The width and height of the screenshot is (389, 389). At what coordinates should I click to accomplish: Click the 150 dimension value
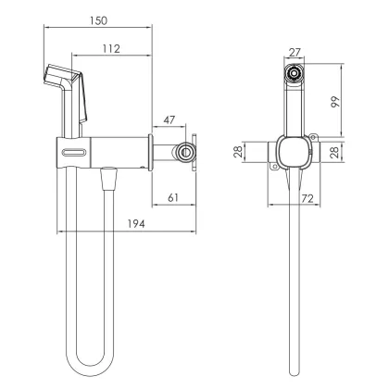pyautogui.click(x=99, y=20)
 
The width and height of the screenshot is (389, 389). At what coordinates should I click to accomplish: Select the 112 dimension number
pyautogui.click(x=111, y=49)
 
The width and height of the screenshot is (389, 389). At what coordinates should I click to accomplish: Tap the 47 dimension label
pyautogui.click(x=169, y=119)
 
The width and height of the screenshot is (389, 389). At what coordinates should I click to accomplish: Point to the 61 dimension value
pyautogui.click(x=173, y=197)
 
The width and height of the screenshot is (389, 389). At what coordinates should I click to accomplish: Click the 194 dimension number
pyautogui.click(x=136, y=224)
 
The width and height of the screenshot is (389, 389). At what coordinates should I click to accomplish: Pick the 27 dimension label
pyautogui.click(x=295, y=53)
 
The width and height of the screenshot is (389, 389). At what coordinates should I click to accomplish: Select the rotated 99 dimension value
pyautogui.click(x=335, y=102)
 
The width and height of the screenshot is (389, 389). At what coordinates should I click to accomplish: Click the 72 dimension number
pyautogui.click(x=307, y=198)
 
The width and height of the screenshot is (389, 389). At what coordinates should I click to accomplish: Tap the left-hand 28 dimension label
pyautogui.click(x=238, y=152)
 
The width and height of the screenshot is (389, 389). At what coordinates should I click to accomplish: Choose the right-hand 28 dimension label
pyautogui.click(x=334, y=152)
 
